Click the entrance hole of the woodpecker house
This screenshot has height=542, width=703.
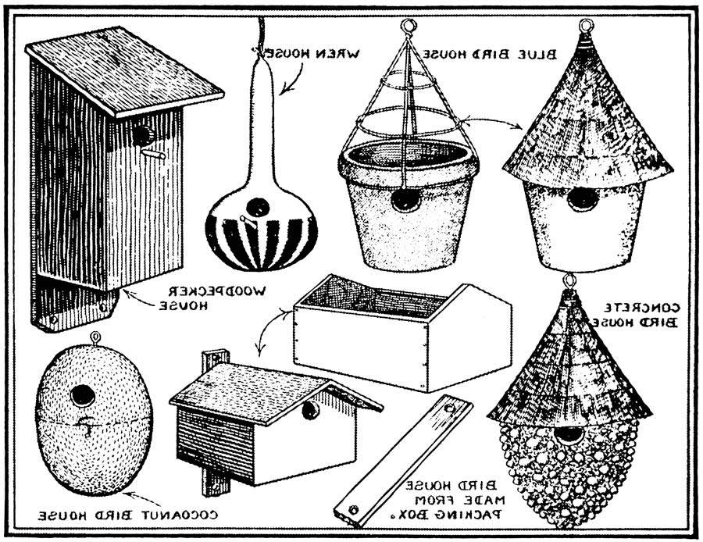point(142,134)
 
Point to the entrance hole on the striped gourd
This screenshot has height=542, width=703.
point(255,208)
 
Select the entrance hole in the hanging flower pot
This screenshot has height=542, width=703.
point(405,199)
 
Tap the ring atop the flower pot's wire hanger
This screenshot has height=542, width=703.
point(407,27)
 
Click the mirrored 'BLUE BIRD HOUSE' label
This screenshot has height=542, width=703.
point(490,54)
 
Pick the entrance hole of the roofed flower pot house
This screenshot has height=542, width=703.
point(582,198)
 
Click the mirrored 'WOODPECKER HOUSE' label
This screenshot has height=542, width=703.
point(213,298)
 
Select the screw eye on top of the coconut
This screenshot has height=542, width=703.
point(95,338)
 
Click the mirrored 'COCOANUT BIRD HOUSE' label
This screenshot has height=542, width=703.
point(129,516)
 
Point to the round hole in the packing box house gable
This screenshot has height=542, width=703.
point(311,410)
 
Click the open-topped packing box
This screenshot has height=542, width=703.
point(401,332)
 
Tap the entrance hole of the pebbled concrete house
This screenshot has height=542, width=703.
point(568,434)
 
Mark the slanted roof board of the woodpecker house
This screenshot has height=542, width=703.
point(125,70)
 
